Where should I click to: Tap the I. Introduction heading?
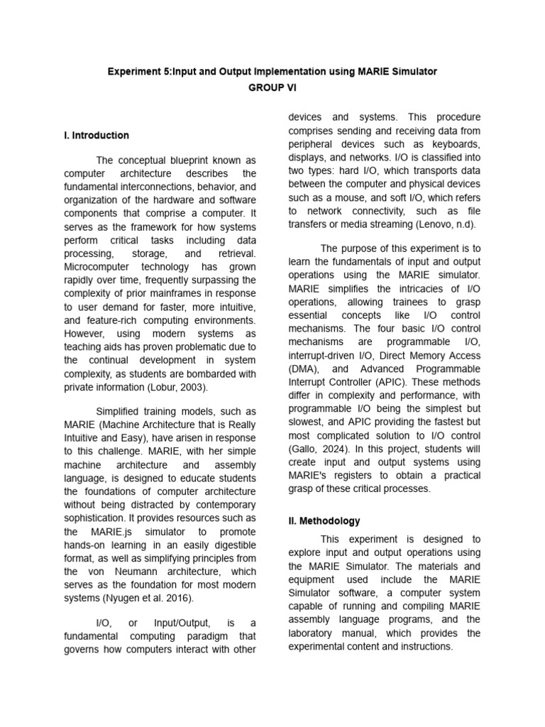click(x=97, y=135)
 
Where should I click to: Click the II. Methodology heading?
click(x=324, y=520)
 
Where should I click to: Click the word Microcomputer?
click(x=98, y=267)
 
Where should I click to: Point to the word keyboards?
click(x=456, y=144)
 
